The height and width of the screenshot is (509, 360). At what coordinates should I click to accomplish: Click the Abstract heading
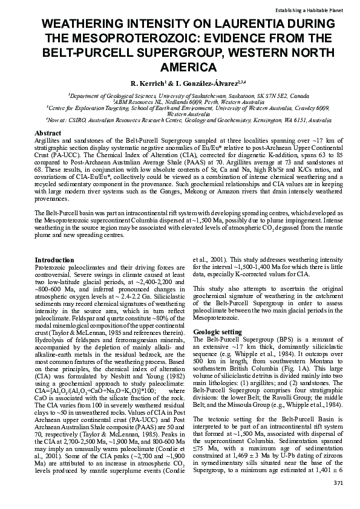(48, 132)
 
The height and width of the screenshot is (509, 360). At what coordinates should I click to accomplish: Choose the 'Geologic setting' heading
(217, 332)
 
